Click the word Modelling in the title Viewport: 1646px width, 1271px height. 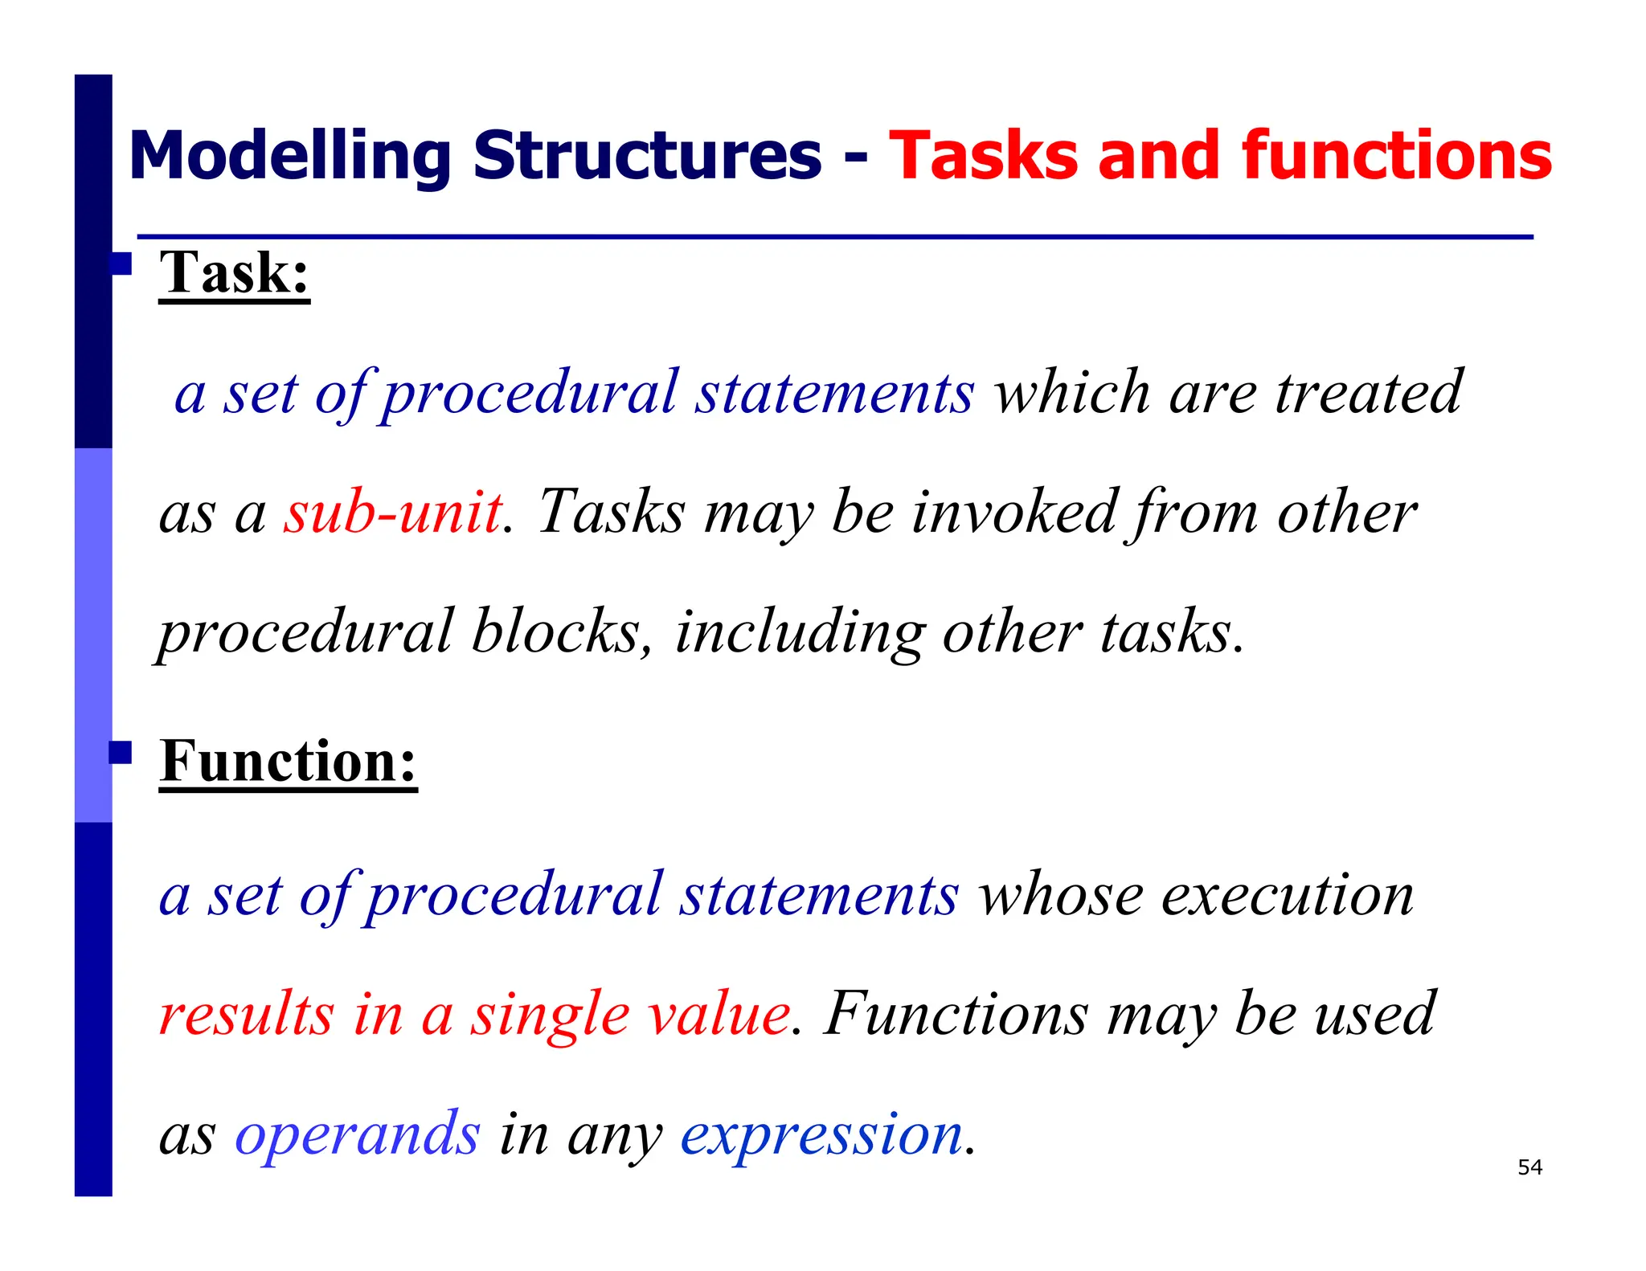[x=289, y=157]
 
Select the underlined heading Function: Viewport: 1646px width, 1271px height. [x=288, y=761]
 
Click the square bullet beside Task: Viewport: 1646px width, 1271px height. [x=121, y=264]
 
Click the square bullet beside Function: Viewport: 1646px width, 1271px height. [x=121, y=753]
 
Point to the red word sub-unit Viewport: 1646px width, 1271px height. [x=393, y=512]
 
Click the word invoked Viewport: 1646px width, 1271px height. [x=1014, y=512]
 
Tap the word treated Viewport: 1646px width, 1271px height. [x=1369, y=393]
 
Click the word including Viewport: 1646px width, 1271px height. [x=800, y=633]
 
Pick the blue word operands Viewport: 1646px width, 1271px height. [x=357, y=1134]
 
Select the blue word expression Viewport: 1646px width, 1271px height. [x=821, y=1134]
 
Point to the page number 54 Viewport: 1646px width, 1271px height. [x=1529, y=1167]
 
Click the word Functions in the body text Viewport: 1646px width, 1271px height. [x=956, y=1014]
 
